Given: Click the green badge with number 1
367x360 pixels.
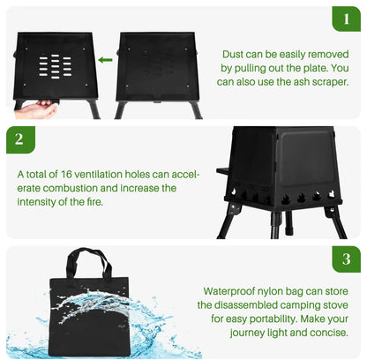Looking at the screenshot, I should (x=346, y=19).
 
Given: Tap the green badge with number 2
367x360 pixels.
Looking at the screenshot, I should (x=20, y=139).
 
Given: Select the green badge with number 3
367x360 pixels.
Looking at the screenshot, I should (x=346, y=259).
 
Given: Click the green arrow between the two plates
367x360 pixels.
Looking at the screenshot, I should (x=106, y=60).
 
